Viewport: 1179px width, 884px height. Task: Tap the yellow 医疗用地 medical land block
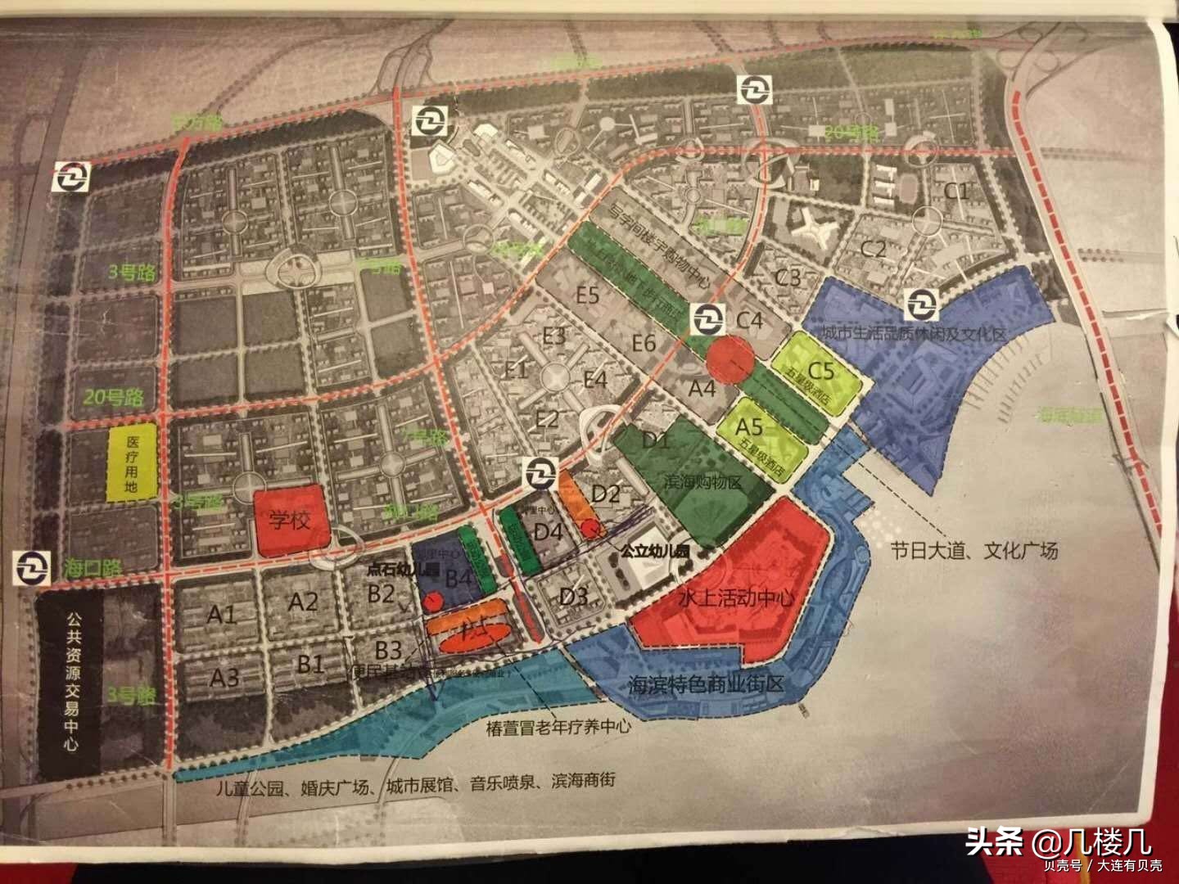(x=133, y=463)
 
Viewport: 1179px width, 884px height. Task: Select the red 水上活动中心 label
(x=737, y=598)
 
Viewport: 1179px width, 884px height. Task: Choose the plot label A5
(x=749, y=426)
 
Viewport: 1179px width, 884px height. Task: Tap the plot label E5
(x=588, y=295)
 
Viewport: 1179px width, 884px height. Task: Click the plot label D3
(x=573, y=595)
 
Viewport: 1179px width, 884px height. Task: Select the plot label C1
(x=956, y=193)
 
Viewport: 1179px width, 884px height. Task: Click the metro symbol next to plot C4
(x=707, y=318)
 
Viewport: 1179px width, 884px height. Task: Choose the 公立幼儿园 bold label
(x=655, y=552)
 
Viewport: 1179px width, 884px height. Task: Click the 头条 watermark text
(x=992, y=841)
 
